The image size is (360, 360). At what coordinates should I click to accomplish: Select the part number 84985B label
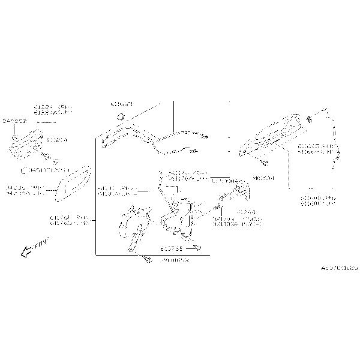pyautogui.click(x=14, y=121)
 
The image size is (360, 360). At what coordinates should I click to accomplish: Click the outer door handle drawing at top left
pyautogui.click(x=28, y=144)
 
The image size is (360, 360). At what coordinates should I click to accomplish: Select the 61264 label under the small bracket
pyautogui.click(x=245, y=212)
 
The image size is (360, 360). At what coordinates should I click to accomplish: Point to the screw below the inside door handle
pyautogui.click(x=264, y=163)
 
